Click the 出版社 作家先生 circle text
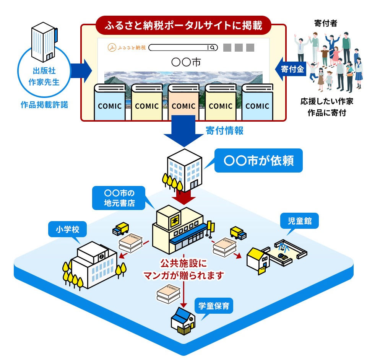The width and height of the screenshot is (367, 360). [x=45, y=76]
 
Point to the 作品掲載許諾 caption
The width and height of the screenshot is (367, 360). [x=44, y=104]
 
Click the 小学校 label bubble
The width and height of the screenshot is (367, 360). [x=66, y=230]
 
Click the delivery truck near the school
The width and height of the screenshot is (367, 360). [x=121, y=229]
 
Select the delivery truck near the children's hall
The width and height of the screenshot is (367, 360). [x=238, y=233]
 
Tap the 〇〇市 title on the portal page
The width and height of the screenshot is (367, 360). [x=183, y=62]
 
